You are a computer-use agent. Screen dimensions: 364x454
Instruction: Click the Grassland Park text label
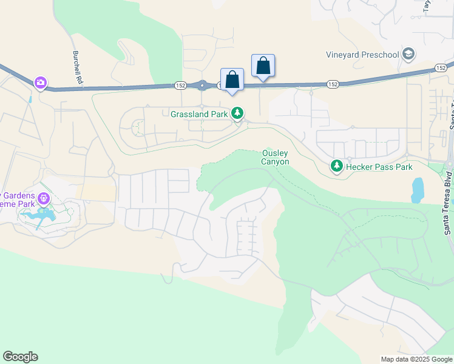199,113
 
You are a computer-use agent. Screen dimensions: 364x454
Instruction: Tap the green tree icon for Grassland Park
239,113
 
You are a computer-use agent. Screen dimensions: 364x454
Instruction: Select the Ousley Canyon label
275,158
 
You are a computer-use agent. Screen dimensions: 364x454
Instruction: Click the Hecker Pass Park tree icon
336,166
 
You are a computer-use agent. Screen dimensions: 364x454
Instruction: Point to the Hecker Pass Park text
379,167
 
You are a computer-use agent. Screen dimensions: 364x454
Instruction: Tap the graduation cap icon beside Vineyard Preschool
408,55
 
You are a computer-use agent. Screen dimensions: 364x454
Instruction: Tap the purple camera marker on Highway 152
41,82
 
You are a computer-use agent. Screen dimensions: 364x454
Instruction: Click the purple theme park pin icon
43,198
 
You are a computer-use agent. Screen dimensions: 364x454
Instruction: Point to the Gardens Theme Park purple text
18,200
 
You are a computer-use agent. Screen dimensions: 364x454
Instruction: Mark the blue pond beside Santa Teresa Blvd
417,190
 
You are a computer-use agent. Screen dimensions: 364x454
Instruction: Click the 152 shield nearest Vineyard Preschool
441,67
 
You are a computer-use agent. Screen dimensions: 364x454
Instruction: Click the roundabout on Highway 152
202,86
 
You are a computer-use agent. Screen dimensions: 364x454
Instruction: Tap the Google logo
20,357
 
